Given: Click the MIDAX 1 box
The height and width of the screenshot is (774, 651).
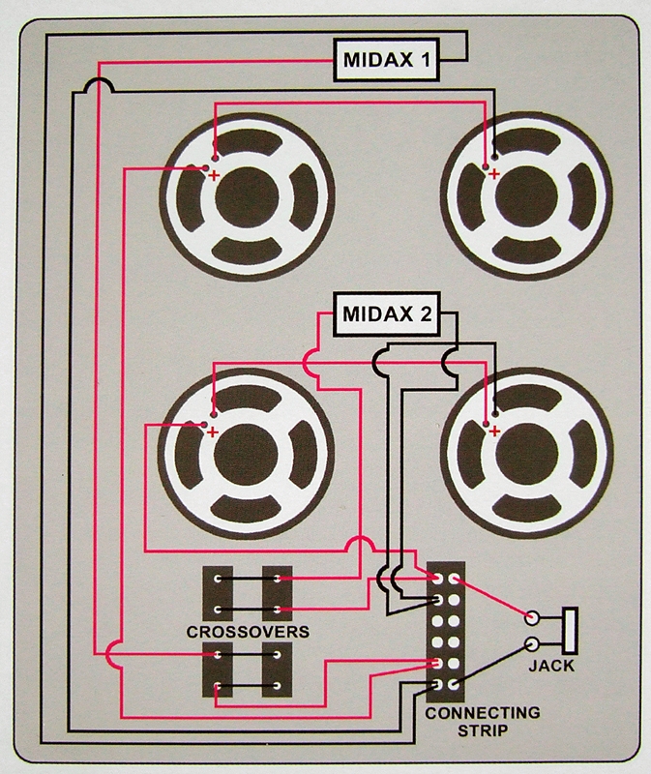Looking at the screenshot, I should (x=386, y=61).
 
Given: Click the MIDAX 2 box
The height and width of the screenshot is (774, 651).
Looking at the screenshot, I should (x=386, y=314).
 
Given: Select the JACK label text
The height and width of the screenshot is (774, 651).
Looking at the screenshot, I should (x=551, y=666).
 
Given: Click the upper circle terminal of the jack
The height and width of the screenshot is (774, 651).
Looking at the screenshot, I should (x=531, y=617).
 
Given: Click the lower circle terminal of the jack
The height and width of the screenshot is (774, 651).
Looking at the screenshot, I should (x=531, y=643).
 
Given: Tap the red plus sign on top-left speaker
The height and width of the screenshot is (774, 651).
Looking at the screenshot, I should (x=215, y=175).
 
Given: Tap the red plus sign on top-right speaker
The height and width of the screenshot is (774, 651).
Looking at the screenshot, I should (x=495, y=174).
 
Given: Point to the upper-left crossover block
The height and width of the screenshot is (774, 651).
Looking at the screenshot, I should (x=219, y=593).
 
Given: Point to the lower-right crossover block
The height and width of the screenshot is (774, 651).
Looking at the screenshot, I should (x=278, y=670).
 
